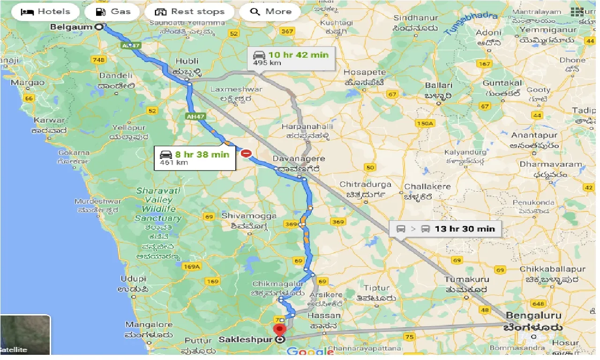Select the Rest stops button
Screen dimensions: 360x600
189,12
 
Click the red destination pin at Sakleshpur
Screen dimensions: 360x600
280,330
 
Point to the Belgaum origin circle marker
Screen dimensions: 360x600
99,27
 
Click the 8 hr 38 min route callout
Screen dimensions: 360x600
195,158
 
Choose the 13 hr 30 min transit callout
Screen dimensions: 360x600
445,229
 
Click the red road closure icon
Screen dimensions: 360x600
246,153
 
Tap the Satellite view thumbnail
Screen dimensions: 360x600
25,335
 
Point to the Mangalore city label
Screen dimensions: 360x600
149,324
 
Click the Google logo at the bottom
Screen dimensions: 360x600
309,351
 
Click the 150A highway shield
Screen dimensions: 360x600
424,123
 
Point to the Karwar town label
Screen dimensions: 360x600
49,120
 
